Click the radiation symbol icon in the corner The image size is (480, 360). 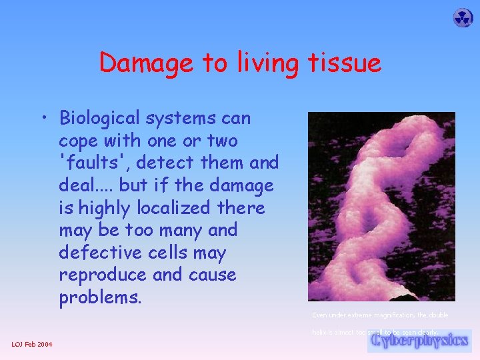point(463,18)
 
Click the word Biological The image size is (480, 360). point(101,119)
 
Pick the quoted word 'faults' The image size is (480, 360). point(86,163)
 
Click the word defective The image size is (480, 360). point(97,253)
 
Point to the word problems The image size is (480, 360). point(100,297)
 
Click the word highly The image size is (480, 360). point(100,208)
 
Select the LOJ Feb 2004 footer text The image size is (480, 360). point(33,344)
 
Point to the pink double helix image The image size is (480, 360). point(381,206)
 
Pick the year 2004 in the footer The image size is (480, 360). point(45,344)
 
